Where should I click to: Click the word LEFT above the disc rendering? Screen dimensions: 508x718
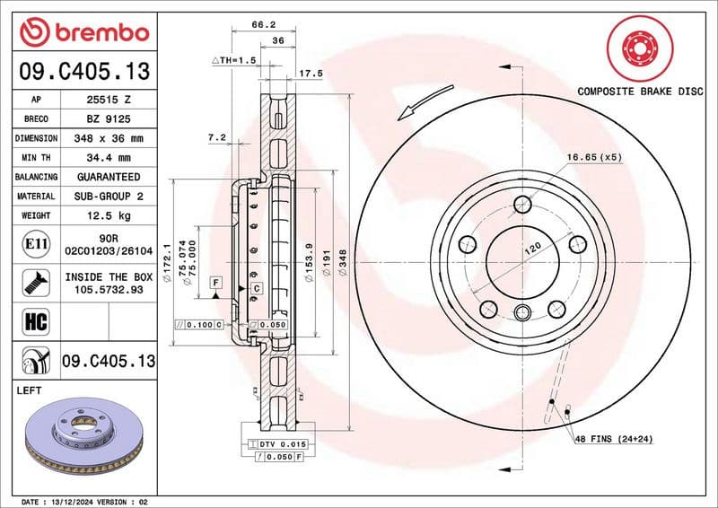tap(31, 391)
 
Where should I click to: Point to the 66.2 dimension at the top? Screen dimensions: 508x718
tap(262, 26)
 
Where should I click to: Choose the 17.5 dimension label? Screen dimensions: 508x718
tap(311, 73)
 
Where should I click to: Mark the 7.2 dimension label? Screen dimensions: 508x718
tap(216, 137)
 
